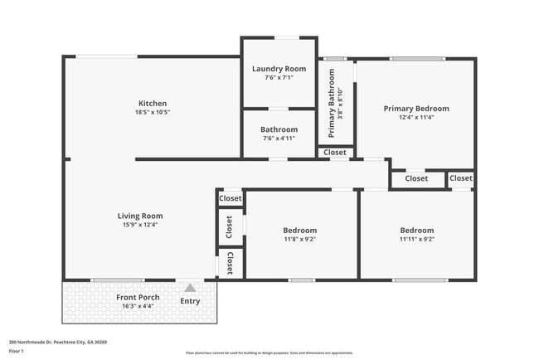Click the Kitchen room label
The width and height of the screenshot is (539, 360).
click(153, 104)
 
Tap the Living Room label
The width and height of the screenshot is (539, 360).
click(139, 216)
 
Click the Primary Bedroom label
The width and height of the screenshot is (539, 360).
click(415, 109)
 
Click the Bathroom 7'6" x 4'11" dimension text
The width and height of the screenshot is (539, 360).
click(279, 139)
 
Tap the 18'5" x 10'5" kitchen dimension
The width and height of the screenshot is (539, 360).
click(153, 113)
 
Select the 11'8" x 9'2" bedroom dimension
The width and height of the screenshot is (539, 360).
click(300, 240)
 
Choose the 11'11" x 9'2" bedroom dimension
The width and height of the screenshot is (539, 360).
click(416, 240)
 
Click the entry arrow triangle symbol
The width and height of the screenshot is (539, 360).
click(190, 288)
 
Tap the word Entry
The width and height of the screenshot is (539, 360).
click(190, 300)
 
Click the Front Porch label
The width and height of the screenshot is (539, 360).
click(138, 298)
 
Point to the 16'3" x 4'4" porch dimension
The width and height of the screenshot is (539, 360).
click(138, 307)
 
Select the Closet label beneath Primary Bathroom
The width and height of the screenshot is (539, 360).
click(335, 153)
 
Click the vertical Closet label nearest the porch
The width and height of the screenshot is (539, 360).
click(230, 263)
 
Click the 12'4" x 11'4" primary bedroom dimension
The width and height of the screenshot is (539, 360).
click(415, 118)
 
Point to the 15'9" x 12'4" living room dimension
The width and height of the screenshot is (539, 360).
click(139, 225)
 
